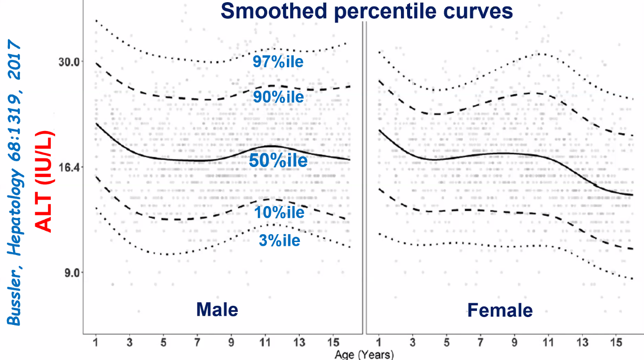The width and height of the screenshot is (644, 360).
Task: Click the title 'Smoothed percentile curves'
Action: coord(367,11)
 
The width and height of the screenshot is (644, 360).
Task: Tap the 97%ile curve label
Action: coord(278,62)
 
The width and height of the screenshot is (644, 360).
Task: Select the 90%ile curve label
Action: coord(278,97)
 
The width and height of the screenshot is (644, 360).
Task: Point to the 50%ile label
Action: coord(278,160)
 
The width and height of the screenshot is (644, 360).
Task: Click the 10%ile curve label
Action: coord(279,212)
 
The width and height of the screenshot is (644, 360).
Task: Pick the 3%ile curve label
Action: coord(279,240)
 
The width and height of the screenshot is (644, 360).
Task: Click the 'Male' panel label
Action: coord(217,310)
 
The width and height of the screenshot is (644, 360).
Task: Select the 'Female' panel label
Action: coord(499,310)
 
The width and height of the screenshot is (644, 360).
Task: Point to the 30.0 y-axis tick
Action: coord(69,62)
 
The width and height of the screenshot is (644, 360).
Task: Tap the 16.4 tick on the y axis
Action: coord(69,167)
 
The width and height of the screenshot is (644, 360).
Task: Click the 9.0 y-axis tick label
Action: coord(71,273)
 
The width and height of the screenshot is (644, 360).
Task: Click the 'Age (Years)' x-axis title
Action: coord(364,354)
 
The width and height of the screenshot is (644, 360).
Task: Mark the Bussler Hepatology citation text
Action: coord(14,182)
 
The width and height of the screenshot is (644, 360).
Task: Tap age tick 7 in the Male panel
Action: coord(197,343)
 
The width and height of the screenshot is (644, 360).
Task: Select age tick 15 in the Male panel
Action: coord(333,343)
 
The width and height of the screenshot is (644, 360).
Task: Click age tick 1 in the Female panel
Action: coord(379,343)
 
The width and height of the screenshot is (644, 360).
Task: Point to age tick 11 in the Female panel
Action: coord(548,343)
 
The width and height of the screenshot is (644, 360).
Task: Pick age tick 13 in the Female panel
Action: coord(582,343)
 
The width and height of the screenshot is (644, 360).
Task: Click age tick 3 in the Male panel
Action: coord(129,343)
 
